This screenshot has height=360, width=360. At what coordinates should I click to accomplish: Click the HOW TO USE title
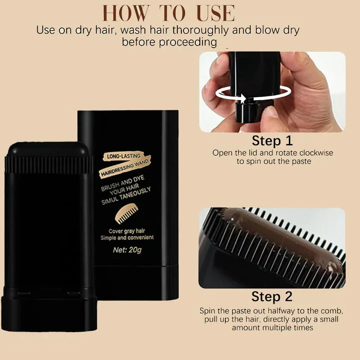tap(168, 13)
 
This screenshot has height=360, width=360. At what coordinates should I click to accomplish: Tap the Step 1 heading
tap(272, 140)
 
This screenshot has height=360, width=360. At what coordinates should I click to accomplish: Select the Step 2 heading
tap(272, 297)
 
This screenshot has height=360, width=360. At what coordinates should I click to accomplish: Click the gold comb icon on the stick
tap(127, 213)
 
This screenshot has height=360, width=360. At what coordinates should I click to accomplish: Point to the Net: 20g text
tap(127, 250)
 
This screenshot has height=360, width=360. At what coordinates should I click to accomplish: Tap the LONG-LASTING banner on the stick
tap(123, 156)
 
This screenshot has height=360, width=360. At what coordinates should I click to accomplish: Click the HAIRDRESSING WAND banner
tap(125, 167)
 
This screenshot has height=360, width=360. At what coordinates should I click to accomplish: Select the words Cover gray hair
tap(127, 231)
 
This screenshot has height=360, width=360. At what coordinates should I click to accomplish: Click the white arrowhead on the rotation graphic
tap(243, 98)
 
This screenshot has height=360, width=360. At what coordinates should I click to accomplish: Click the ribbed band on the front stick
tap(49, 164)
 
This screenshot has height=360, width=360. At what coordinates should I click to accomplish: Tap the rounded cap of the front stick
tap(48, 149)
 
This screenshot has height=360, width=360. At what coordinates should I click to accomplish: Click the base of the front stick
tap(49, 313)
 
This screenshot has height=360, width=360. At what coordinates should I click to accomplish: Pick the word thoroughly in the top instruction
tap(200, 30)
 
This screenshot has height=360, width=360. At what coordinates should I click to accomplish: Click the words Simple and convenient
tap(127, 238)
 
